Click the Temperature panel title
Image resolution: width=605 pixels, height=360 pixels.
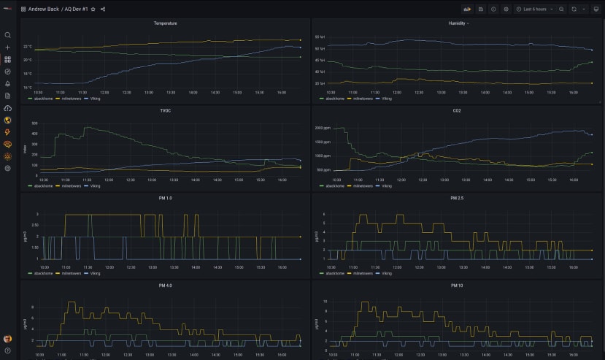tap(165, 23)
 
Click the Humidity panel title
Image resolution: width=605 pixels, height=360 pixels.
tap(458, 23)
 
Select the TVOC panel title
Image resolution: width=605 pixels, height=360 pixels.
tap(165, 110)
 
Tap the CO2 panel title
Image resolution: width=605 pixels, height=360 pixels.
tap(457, 110)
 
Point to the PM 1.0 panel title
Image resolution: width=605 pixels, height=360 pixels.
tap(165, 198)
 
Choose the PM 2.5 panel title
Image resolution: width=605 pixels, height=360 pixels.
tap(457, 198)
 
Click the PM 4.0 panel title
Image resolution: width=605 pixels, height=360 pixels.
tap(165, 286)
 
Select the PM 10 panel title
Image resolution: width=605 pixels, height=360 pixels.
tap(457, 286)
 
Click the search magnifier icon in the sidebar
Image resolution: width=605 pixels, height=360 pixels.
tap(7, 35)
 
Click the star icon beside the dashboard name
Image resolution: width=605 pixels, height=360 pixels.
tap(93, 9)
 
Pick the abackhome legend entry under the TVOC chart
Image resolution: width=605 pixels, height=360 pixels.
tap(39, 186)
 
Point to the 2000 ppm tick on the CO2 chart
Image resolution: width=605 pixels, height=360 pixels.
tap(323, 128)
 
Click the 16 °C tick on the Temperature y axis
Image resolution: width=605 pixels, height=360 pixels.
tap(27, 87)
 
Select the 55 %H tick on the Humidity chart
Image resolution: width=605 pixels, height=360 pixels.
tap(320, 37)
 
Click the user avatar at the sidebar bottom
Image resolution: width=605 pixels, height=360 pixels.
tap(7, 339)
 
